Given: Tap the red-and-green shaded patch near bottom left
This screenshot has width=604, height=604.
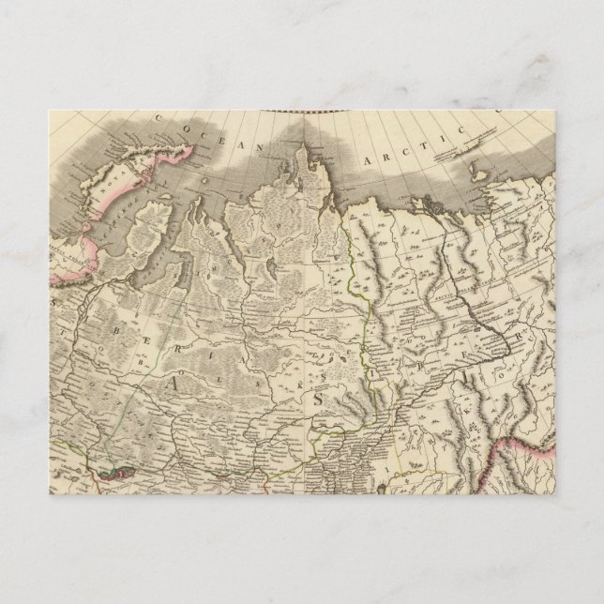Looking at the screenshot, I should click(112, 475).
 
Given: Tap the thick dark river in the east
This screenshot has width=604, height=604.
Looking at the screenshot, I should click(469, 291).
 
